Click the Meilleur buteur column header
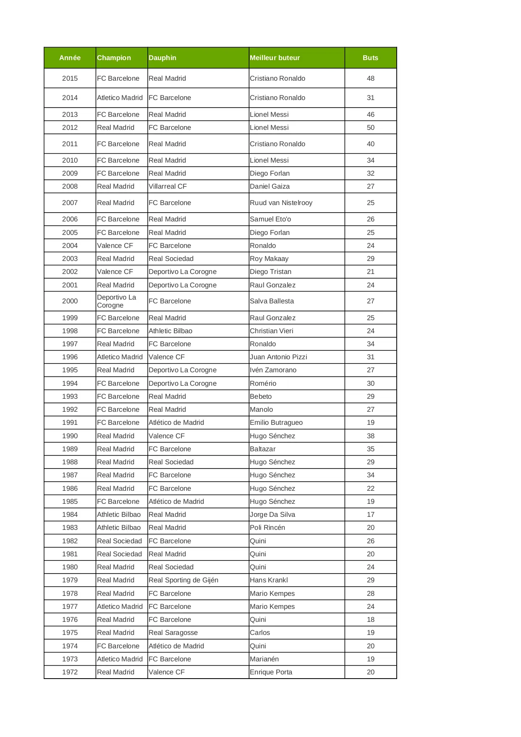tap(275, 58)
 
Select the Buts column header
tap(370, 58)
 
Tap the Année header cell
tap(70, 58)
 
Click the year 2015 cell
tap(70, 79)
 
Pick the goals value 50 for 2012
tap(370, 128)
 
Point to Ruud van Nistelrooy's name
tap(281, 203)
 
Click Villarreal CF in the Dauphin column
tap(168, 187)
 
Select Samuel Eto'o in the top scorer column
tap(270, 219)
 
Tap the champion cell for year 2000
tap(117, 301)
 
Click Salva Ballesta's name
tap(272, 301)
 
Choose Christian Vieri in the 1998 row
tap(271, 331)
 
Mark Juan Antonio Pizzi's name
tap(278, 357)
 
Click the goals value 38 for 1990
tap(370, 436)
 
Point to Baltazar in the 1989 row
tap(262, 449)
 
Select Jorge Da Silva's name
tap(272, 515)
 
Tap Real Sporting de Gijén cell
tap(183, 580)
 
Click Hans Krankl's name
tap(269, 580)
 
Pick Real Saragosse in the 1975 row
tap(173, 633)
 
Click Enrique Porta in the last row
tap(271, 672)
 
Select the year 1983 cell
tap(70, 528)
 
